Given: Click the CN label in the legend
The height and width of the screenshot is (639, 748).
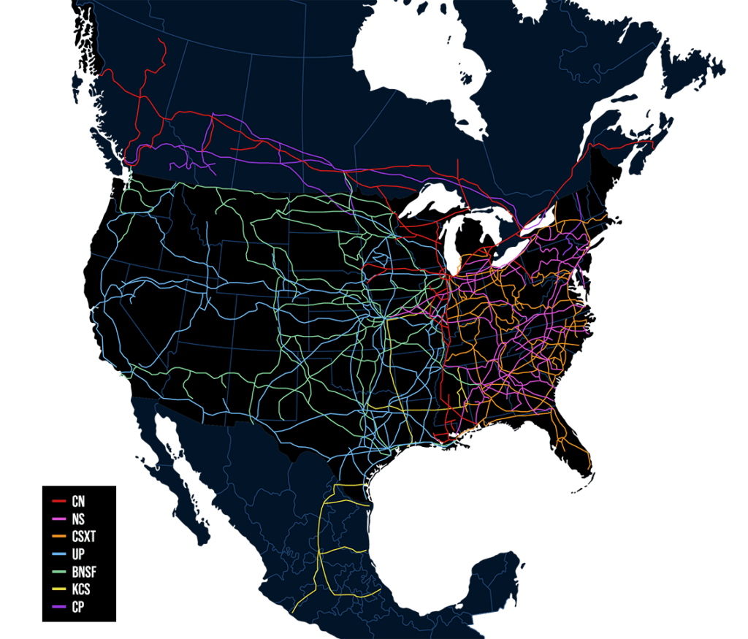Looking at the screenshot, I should (78, 502).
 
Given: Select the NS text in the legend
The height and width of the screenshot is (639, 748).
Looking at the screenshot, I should (78, 519).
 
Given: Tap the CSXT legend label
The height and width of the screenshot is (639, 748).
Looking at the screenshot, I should (84, 537).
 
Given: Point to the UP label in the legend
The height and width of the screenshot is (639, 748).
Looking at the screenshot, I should (78, 554).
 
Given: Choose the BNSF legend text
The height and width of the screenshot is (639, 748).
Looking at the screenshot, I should (84, 572).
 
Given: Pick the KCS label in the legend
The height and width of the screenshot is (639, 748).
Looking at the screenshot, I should (81, 589).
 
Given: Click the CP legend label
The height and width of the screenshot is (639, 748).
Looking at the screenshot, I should (77, 607).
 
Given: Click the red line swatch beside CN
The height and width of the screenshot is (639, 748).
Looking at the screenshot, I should (59, 502).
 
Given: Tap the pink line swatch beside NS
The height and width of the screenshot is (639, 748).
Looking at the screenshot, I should (59, 519).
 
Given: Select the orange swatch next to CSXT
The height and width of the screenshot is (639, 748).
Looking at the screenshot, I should (59, 537).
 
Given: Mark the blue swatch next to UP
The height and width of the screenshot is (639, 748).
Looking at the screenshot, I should (59, 554).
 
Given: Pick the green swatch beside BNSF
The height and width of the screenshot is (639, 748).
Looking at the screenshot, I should (59, 572).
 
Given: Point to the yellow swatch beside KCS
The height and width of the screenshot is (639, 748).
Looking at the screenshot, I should (59, 589).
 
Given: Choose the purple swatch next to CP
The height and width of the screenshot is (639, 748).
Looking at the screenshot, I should (59, 607).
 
